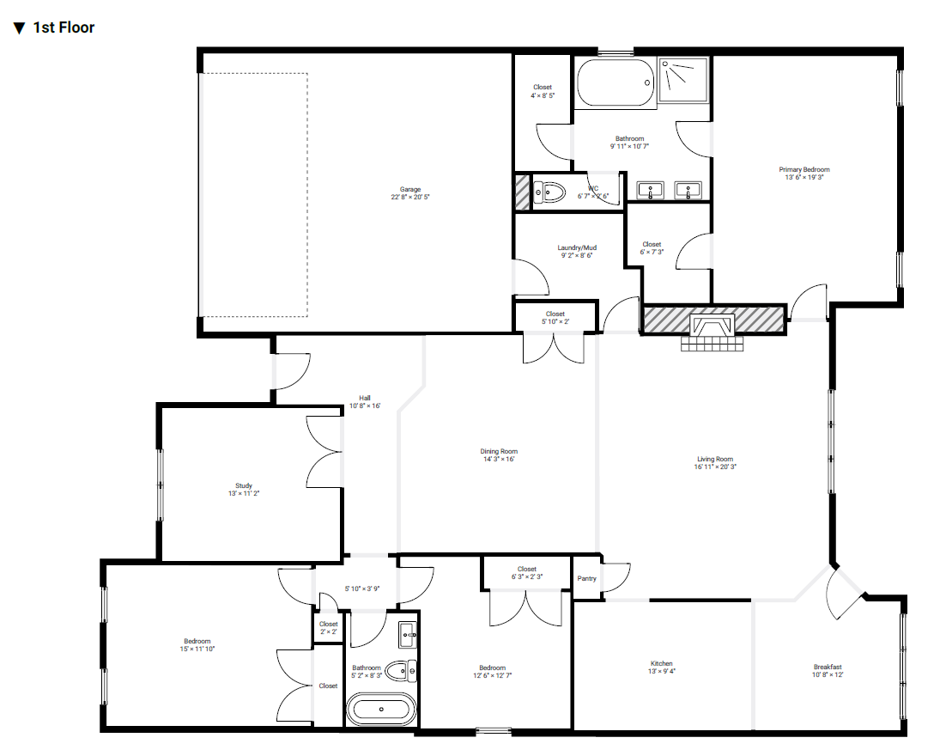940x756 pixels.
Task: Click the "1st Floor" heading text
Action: tap(64, 27)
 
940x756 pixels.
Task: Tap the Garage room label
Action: tap(410, 190)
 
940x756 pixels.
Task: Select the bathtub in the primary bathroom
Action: tap(615, 82)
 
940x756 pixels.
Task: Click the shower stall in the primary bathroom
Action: tap(682, 79)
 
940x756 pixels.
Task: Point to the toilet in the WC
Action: tap(549, 192)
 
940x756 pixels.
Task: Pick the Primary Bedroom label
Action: tap(804, 170)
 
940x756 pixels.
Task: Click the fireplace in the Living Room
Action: tap(713, 329)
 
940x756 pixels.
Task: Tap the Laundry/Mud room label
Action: tap(577, 247)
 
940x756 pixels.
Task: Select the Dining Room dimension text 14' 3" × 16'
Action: tap(499, 460)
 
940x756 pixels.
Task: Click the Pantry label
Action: tap(586, 579)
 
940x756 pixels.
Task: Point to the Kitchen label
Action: tap(661, 663)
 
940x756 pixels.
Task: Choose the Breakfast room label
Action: tap(828, 668)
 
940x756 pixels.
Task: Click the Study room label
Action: tap(244, 486)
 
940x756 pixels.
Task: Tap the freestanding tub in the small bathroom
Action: tap(381, 710)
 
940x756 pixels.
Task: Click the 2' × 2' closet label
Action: tap(328, 631)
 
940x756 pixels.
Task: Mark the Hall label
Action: tap(365, 399)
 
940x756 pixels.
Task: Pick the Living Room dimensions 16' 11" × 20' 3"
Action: tap(715, 466)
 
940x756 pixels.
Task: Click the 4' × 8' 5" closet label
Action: tap(543, 95)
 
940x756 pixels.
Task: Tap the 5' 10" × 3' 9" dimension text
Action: tap(362, 589)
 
